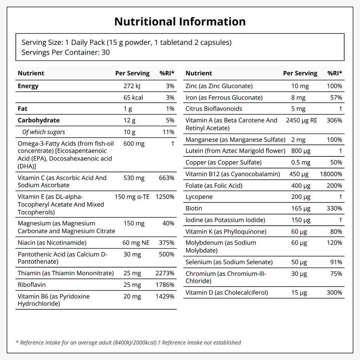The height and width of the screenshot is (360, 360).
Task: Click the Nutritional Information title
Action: click(180, 21)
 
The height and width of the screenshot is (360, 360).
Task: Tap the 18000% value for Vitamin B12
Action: click(331, 174)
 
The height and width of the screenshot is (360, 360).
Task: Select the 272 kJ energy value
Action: click(132, 86)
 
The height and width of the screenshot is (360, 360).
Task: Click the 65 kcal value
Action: click(133, 98)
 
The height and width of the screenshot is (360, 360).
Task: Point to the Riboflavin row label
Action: click(32, 285)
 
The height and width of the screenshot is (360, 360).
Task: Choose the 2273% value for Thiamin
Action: click(165, 273)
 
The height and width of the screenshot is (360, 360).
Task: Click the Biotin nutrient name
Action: click(194, 208)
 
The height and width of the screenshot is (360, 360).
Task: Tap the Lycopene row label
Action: click(199, 197)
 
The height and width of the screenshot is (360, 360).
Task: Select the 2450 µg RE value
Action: click(301, 120)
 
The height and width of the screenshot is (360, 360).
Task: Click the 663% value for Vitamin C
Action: click(166, 178)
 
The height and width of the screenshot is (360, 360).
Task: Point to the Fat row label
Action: click(22, 109)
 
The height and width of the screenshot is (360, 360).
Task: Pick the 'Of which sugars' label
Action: click(44, 132)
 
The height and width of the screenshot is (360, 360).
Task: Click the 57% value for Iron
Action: click(336, 98)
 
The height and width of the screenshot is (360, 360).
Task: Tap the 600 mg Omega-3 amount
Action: click(134, 143)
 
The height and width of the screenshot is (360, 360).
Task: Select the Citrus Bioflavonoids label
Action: click(214, 109)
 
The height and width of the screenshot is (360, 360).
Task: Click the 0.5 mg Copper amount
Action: click(301, 162)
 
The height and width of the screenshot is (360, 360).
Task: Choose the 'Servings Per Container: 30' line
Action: click(66, 52)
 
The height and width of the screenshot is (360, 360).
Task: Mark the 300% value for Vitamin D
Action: click(334, 292)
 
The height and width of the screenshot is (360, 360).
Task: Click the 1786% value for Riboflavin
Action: click(165, 285)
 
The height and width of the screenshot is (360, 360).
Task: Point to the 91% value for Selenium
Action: click(336, 262)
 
